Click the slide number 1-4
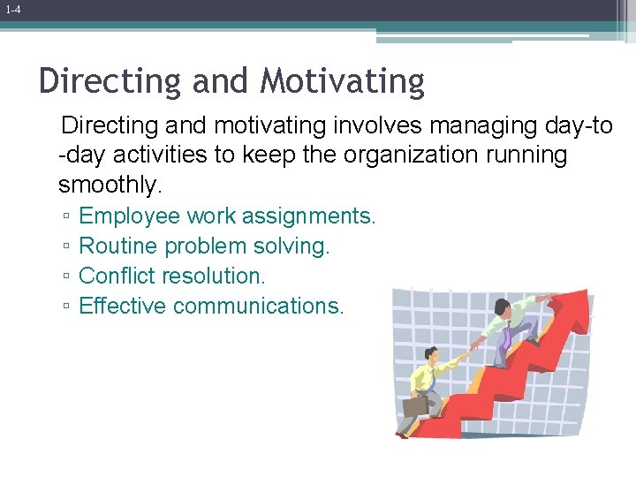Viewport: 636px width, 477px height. click(12, 10)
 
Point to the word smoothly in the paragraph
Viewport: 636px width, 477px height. click(110, 185)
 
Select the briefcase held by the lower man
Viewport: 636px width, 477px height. click(414, 405)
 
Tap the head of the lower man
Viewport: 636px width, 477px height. click(431, 355)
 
